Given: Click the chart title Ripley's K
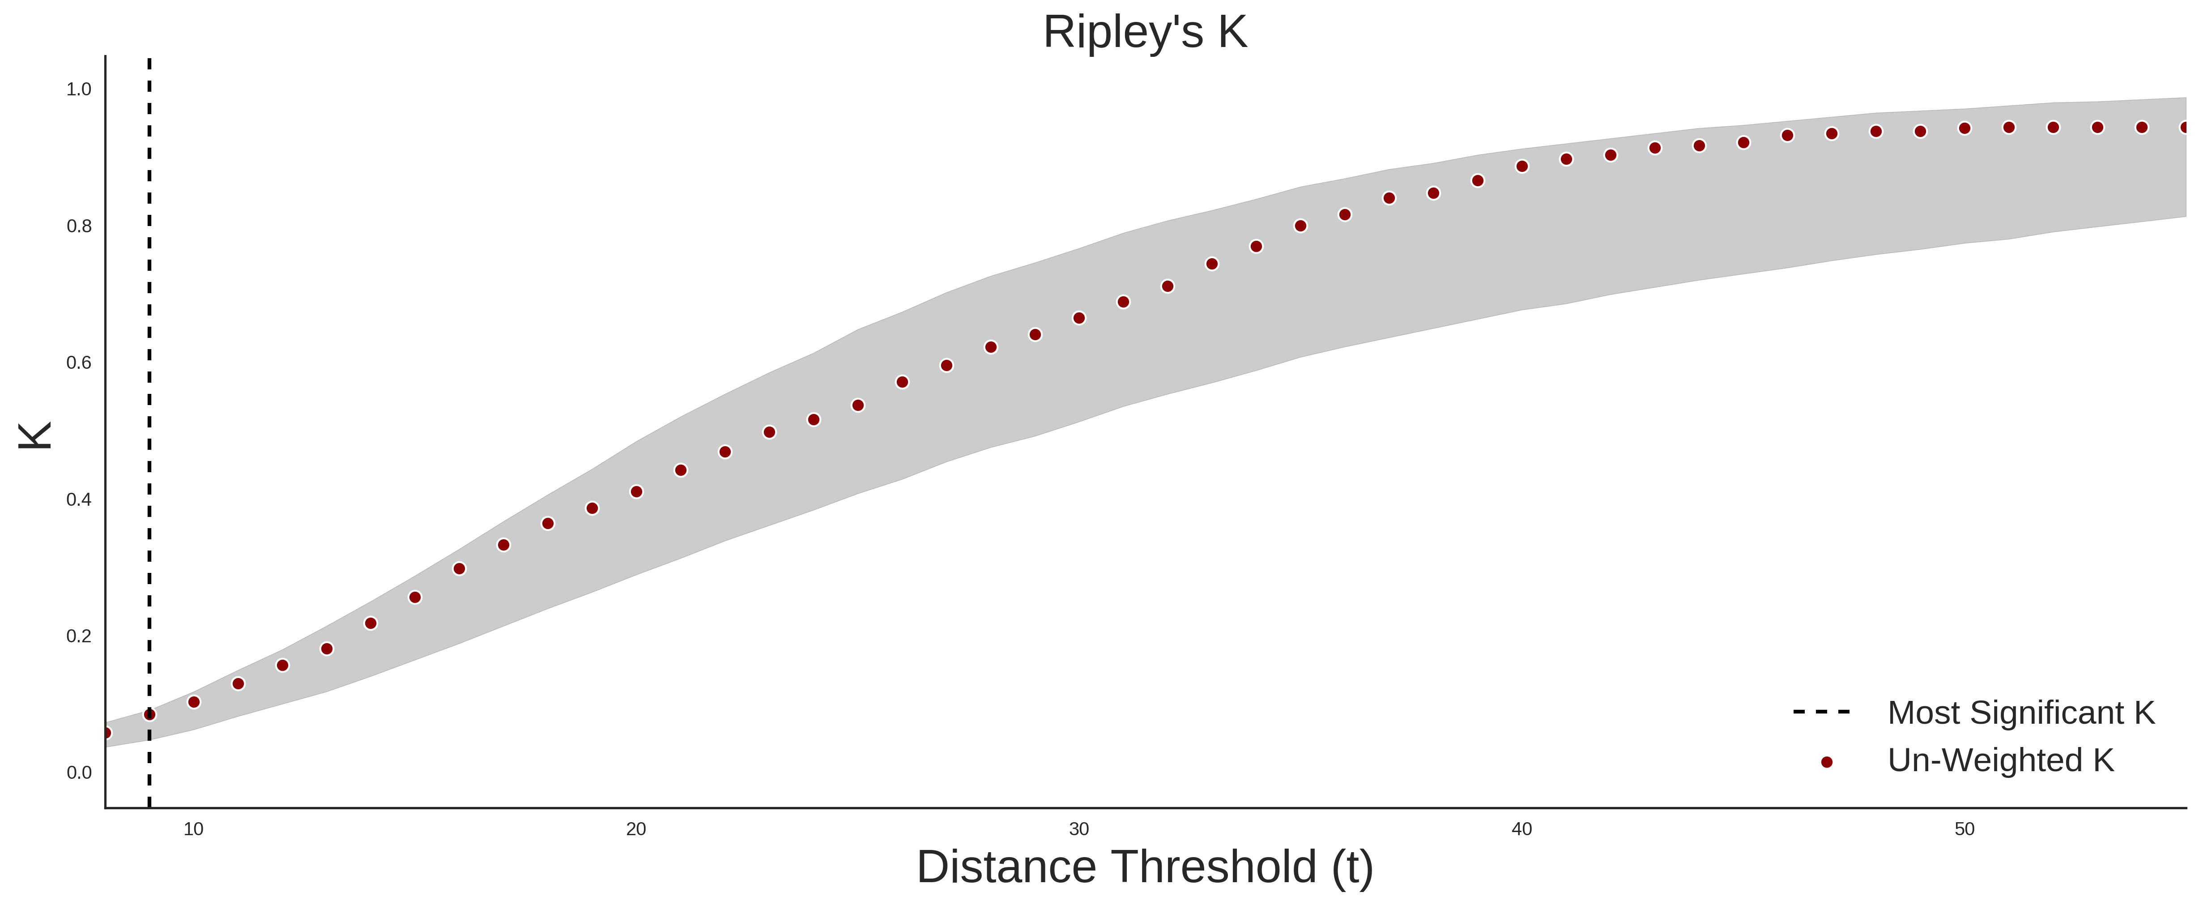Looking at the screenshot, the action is tap(1145, 32).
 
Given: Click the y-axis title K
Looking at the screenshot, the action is tap(36, 435).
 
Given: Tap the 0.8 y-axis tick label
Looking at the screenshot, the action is tap(79, 226).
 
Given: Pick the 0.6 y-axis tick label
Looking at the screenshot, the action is tap(79, 363).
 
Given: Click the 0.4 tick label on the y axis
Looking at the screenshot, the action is tap(79, 499).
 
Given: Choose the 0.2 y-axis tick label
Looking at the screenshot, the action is tap(79, 636).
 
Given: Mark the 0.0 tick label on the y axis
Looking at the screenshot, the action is tap(79, 773).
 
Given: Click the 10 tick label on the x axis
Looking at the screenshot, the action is tap(194, 829).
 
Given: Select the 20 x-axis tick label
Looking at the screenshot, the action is tap(636, 829).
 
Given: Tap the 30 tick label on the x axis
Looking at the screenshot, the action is tap(1079, 829).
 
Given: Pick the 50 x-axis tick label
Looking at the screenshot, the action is tap(1964, 829).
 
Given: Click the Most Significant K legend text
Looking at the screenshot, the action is tap(2020, 713).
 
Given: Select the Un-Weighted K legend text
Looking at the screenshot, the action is tap(2000, 760).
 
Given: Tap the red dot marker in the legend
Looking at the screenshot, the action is tap(1826, 762).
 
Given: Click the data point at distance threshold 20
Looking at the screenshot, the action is tap(636, 492).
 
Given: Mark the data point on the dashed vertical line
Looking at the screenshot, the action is tap(149, 715).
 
